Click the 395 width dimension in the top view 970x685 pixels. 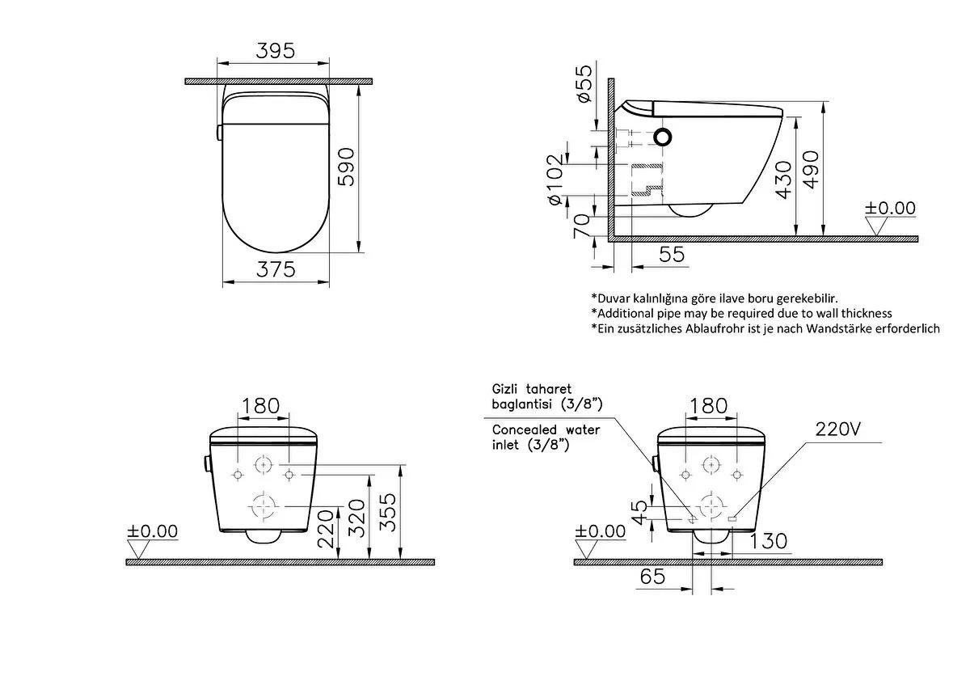[x=276, y=51]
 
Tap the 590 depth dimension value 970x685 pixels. [x=346, y=167]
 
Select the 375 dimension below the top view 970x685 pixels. [x=276, y=269]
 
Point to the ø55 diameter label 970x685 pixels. [x=584, y=83]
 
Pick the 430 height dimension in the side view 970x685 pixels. [x=784, y=180]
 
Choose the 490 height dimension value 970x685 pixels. [x=811, y=169]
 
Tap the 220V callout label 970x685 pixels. [x=838, y=429]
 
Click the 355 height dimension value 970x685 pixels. [x=387, y=512]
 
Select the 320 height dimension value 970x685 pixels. [x=356, y=518]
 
